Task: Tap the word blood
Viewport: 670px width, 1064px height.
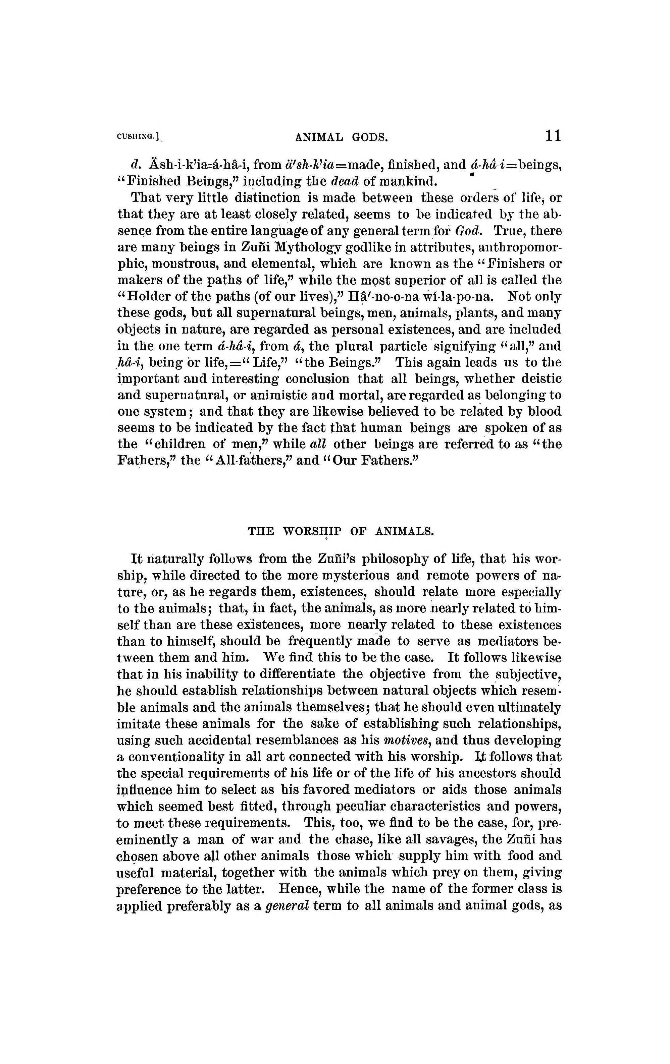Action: (x=544, y=411)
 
